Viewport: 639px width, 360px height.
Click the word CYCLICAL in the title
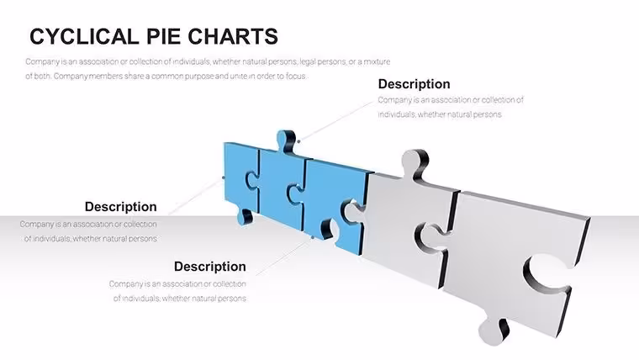coord(84,36)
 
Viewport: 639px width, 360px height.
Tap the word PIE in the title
coord(163,36)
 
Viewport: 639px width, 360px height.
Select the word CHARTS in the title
coord(233,36)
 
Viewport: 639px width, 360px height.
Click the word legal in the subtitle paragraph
coord(307,62)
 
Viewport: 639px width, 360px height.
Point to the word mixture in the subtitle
coord(377,61)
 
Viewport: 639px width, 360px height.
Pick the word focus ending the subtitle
coord(296,76)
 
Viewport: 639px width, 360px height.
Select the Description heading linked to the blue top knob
coord(414,84)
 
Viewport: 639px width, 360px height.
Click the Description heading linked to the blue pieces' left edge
coord(120,207)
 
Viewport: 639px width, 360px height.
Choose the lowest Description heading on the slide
coord(210,267)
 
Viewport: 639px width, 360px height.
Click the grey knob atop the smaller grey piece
coord(415,162)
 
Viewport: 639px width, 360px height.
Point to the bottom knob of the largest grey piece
coord(493,331)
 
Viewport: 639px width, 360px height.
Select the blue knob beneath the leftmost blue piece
coord(245,216)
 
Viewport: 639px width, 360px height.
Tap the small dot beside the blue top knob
coord(298,141)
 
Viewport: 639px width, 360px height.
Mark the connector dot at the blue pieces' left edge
coord(224,177)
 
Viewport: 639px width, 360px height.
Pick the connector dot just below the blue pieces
coord(313,237)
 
